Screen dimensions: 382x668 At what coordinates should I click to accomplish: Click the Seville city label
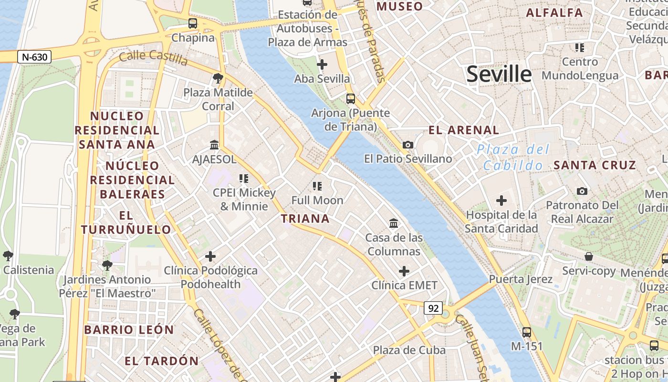[499, 74]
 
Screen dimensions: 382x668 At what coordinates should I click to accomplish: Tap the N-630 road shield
[34, 57]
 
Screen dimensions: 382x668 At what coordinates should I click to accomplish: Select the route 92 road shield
[433, 308]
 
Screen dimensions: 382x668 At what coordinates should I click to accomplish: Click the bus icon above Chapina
[193, 23]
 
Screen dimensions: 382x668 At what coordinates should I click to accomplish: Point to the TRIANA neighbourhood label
[305, 219]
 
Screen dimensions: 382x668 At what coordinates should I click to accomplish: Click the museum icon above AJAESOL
[214, 145]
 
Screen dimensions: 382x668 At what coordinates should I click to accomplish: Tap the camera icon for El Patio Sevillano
[408, 145]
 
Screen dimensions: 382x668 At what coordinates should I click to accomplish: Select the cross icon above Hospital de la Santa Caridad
[501, 201]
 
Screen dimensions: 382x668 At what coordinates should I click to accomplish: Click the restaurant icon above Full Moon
[317, 186]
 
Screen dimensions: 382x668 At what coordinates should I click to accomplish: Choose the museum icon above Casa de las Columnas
[394, 223]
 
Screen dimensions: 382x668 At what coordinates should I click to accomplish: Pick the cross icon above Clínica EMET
[404, 271]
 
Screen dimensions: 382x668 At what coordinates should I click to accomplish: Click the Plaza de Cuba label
[409, 350]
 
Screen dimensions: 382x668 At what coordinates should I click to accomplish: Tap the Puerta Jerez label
[521, 279]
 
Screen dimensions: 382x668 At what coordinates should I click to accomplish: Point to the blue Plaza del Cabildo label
[513, 158]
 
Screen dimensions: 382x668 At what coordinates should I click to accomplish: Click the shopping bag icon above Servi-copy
[589, 256]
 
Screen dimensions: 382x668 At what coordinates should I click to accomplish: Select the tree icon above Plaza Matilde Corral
[218, 78]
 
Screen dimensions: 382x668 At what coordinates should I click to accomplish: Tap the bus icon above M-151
[527, 332]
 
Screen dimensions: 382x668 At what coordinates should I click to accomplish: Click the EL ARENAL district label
[464, 130]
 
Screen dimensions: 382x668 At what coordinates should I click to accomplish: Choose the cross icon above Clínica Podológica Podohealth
[210, 256]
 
